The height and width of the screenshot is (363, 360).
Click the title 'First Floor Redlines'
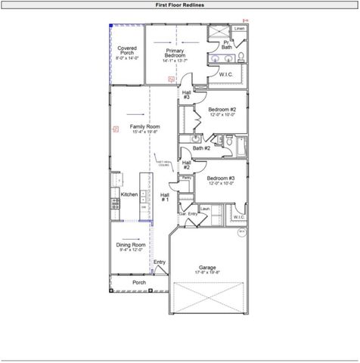(179, 5)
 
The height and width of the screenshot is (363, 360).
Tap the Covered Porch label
(127, 52)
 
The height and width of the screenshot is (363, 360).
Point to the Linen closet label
(239, 29)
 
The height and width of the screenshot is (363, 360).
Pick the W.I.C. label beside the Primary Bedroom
(226, 74)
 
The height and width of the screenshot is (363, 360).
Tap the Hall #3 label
(186, 95)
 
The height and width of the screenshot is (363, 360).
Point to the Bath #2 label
(201, 148)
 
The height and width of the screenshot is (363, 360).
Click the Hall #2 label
(186, 164)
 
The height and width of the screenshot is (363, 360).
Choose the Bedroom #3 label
(221, 180)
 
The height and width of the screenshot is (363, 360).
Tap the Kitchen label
(129, 194)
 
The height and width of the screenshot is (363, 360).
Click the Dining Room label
(130, 247)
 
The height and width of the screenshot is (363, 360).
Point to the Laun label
(204, 207)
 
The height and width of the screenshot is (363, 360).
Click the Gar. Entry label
(188, 214)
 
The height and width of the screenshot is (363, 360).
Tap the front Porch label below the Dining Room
(139, 282)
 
